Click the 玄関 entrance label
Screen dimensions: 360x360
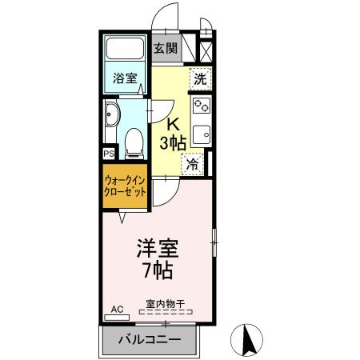coord(166,48)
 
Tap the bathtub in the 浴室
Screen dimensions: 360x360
coord(125,48)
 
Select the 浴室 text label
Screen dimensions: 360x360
coord(125,78)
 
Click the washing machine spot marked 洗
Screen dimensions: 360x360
coord(201,78)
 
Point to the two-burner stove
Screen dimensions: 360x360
coord(202,106)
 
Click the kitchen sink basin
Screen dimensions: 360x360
coord(202,134)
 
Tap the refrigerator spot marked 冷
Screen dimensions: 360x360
coord(192,164)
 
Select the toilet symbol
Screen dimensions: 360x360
coord(134,143)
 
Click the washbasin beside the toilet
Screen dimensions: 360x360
coord(112,114)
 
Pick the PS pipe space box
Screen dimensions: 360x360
coord(109,154)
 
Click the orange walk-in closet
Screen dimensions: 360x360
coord(125,186)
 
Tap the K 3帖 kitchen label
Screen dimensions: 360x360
coord(173,134)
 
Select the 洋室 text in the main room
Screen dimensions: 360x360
coord(158,248)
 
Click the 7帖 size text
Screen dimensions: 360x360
coord(158,270)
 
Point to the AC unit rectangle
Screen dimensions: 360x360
coord(117,318)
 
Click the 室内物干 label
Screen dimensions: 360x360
coord(166,304)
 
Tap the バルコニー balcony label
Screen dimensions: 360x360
coord(150,340)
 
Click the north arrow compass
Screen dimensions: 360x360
coord(246,340)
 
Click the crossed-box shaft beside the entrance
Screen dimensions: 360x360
coord(206,52)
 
